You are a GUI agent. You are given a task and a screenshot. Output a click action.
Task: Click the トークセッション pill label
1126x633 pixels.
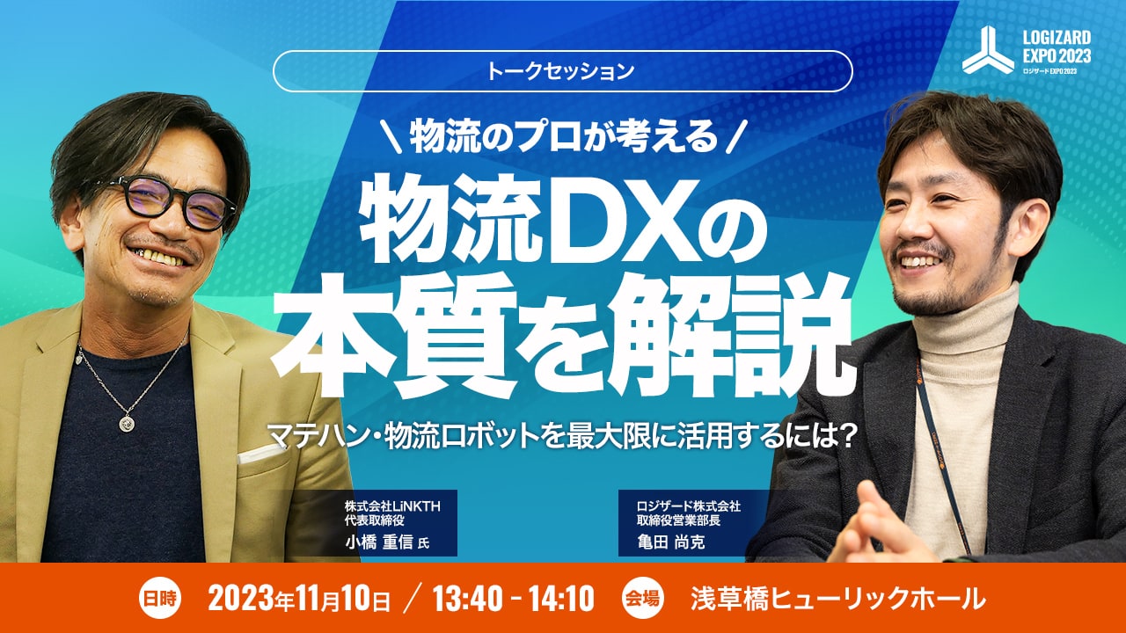(562, 71)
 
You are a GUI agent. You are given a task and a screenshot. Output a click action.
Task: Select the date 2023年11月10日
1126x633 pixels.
(299, 599)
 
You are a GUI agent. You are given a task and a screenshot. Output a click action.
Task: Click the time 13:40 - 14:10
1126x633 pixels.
(513, 599)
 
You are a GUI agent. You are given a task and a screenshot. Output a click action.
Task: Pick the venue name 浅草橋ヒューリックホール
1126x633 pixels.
(838, 599)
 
